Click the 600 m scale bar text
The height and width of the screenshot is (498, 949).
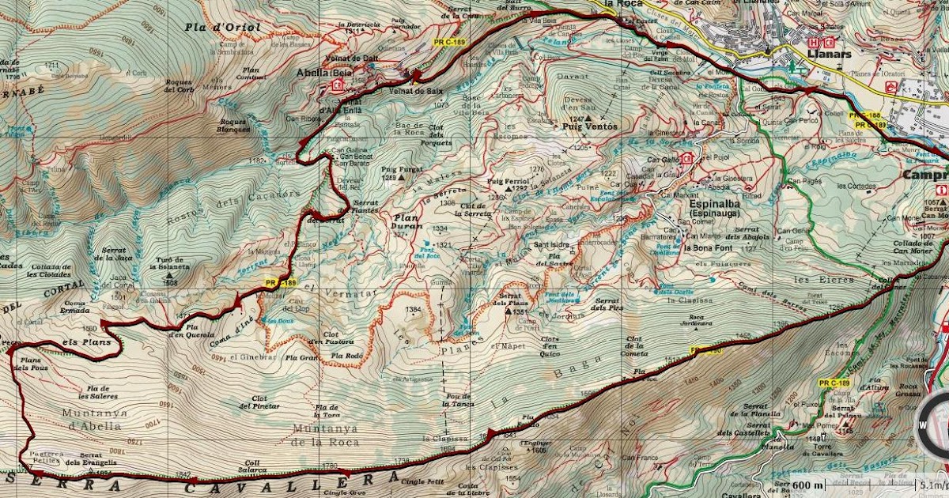[x=807, y=485]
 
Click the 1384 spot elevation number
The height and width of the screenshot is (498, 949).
[x=412, y=309]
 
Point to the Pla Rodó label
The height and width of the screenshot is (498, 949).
[x=346, y=357]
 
